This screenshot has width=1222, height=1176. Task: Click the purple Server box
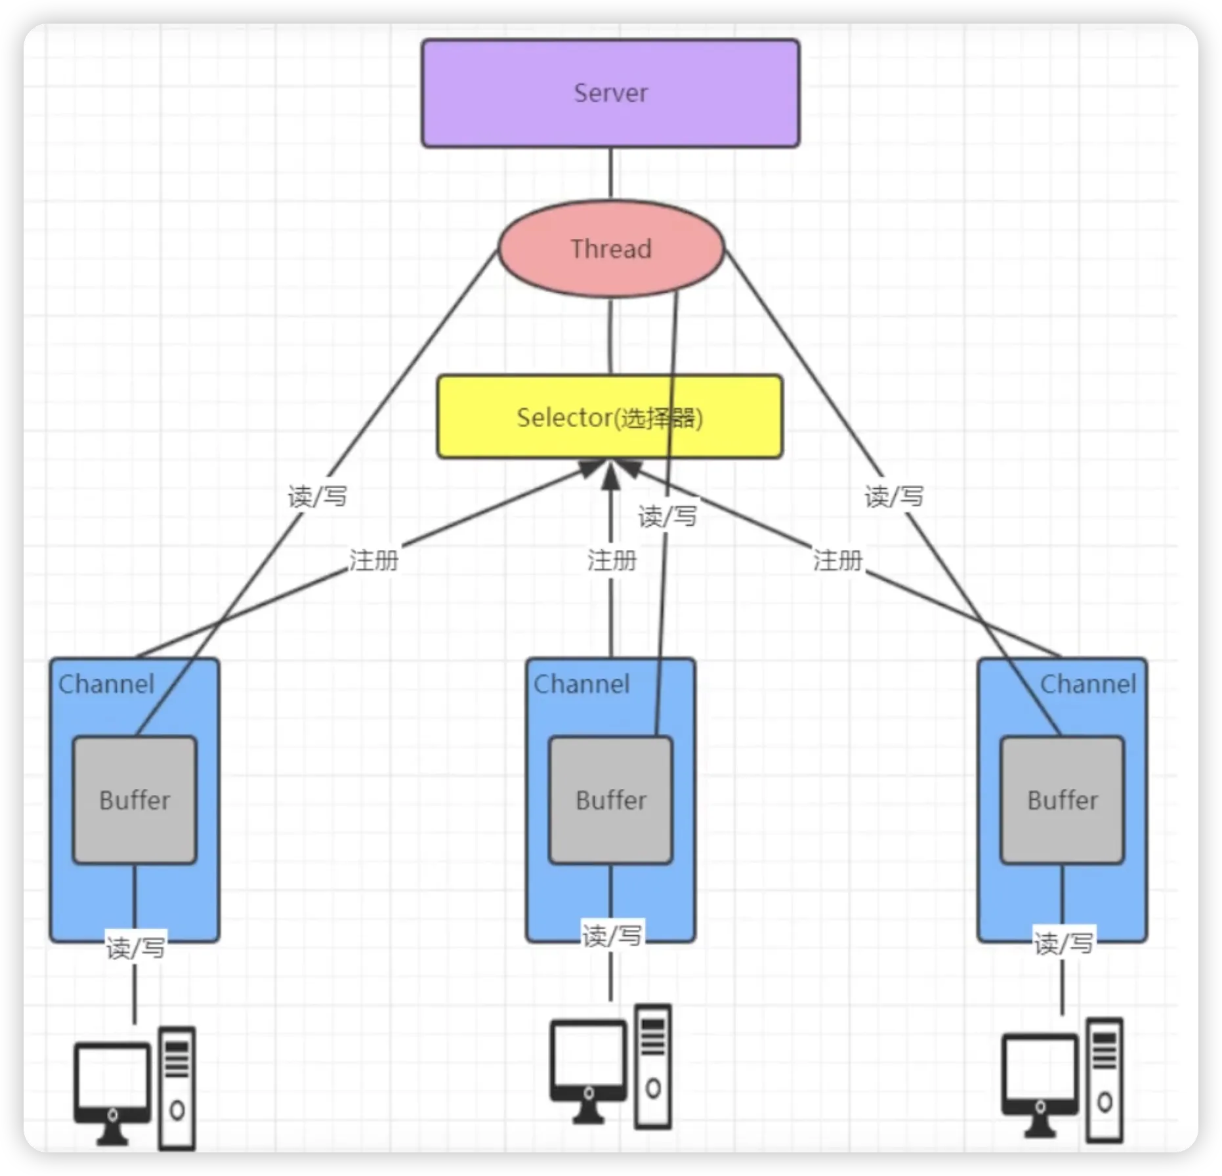610,93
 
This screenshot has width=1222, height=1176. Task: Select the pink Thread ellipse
611,249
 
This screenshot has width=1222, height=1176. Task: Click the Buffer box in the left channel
135,800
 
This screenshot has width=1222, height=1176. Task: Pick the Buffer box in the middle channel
611,800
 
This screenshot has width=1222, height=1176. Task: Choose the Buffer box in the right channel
1062,800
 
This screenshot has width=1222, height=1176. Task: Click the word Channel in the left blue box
106,684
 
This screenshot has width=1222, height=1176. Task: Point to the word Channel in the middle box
581,684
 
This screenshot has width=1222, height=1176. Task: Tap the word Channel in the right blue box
1088,684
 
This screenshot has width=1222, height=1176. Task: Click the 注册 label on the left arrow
373,560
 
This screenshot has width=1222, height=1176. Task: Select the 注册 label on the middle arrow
612,560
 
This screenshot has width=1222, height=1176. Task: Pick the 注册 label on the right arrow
837,560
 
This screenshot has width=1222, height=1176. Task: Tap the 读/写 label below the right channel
1063,943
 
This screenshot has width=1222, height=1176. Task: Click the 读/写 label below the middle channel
612,935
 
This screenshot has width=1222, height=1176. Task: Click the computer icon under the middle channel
610,1066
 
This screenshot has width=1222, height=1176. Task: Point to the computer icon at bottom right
1062,1080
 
